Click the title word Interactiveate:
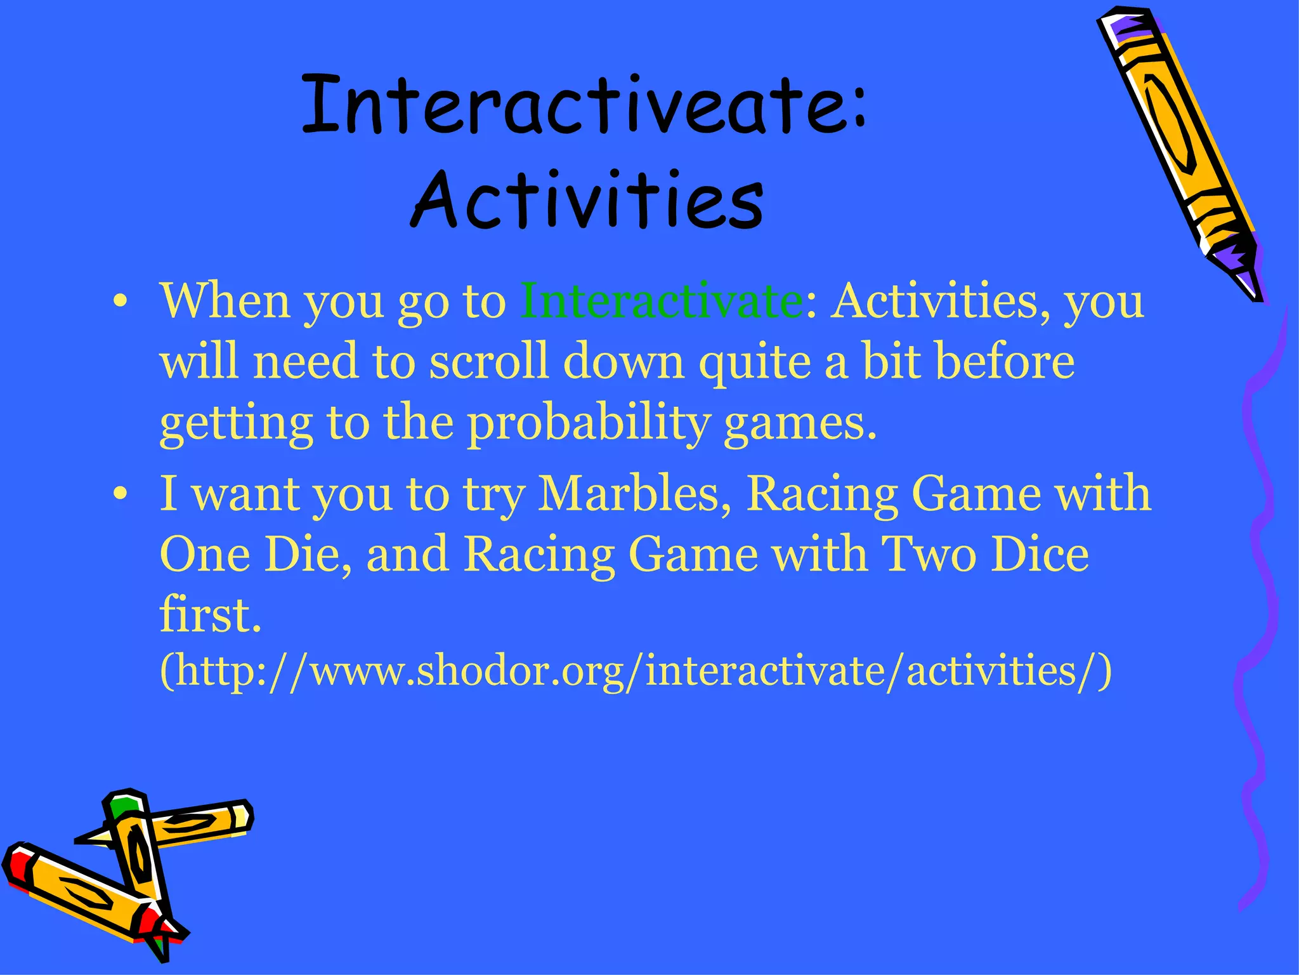click(584, 105)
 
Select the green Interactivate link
click(662, 300)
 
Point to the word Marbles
click(634, 493)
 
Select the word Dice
click(1040, 554)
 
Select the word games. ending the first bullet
click(800, 423)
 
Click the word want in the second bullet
click(246, 493)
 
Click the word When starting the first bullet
click(225, 300)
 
